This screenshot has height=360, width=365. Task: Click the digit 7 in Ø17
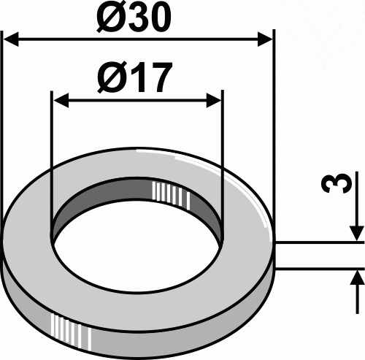point(159,77)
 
